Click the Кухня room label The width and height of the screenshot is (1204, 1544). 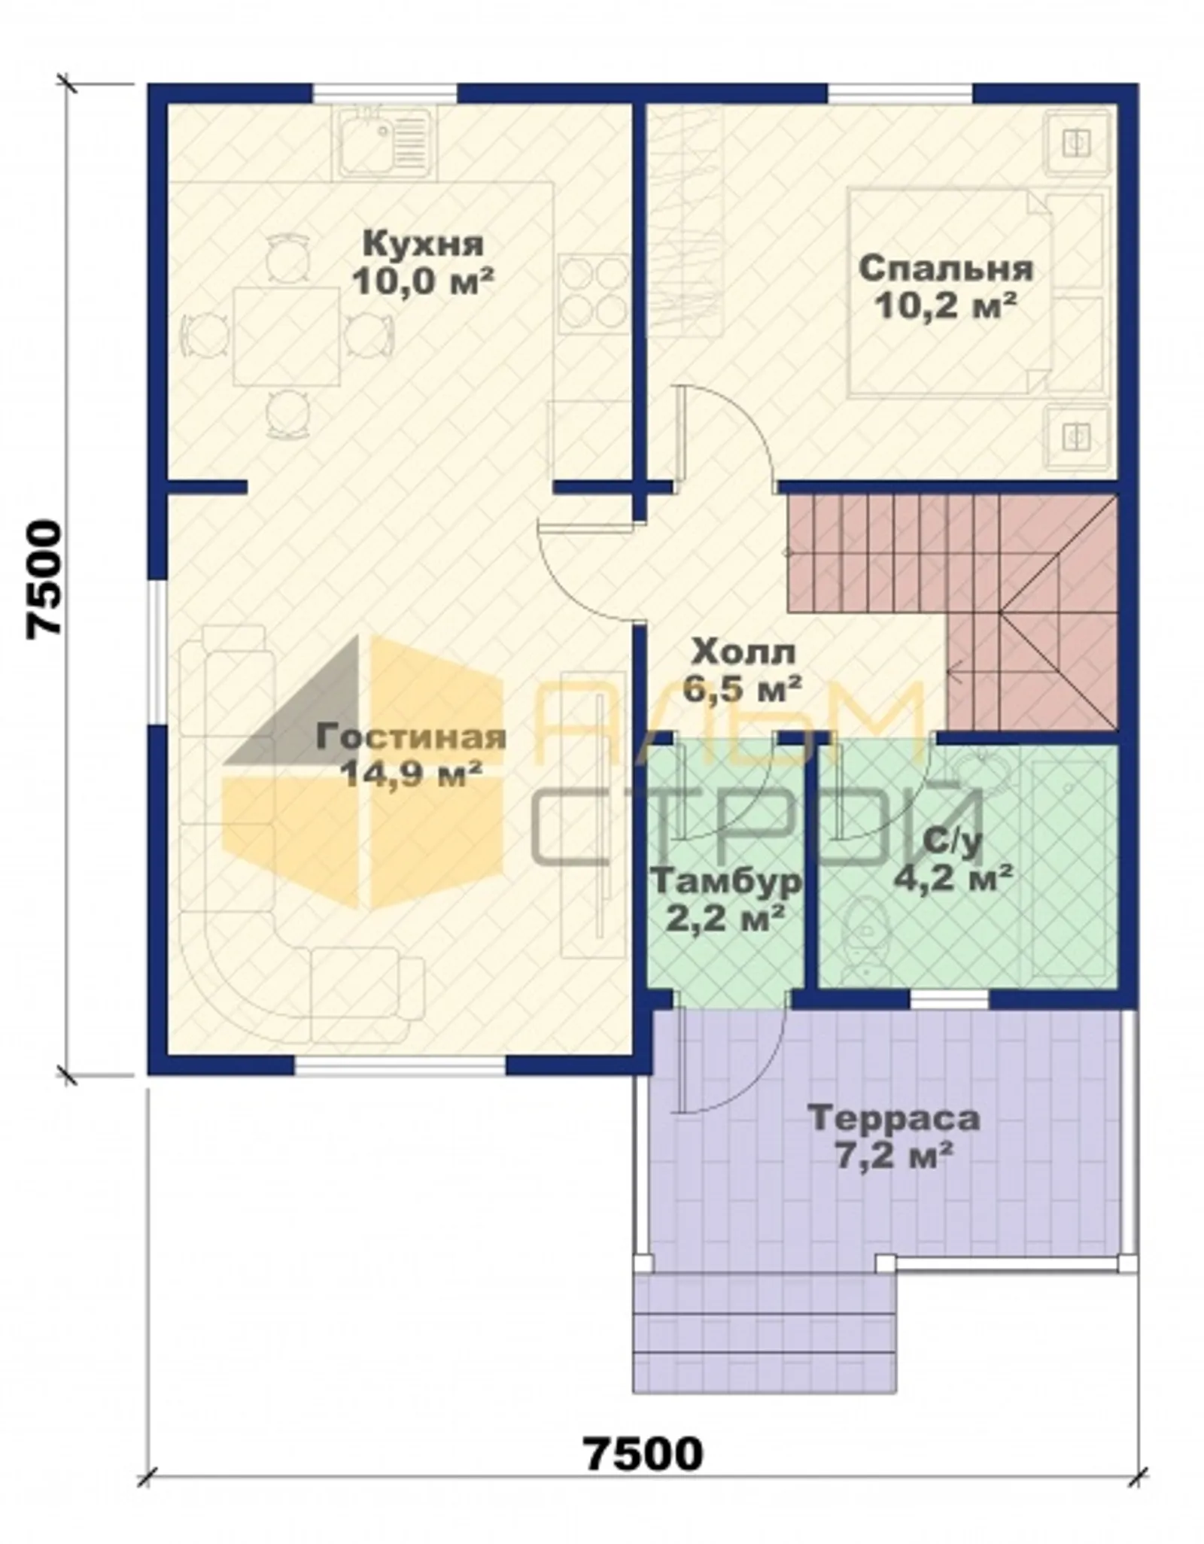tap(423, 244)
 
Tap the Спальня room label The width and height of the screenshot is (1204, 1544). tap(946, 269)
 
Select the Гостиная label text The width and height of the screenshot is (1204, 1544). tap(411, 737)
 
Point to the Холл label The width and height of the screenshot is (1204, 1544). tap(743, 652)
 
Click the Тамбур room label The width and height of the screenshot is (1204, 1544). tap(726, 881)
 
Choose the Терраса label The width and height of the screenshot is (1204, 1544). tap(894, 1118)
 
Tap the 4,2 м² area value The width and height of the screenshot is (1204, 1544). tap(952, 877)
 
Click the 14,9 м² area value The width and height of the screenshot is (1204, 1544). tap(411, 774)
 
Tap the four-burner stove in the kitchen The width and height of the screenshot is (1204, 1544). tap(594, 293)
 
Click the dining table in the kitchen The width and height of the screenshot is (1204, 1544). tap(287, 336)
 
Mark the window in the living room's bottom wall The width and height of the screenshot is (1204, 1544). tap(400, 1067)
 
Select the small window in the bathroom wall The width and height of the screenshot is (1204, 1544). tap(949, 999)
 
